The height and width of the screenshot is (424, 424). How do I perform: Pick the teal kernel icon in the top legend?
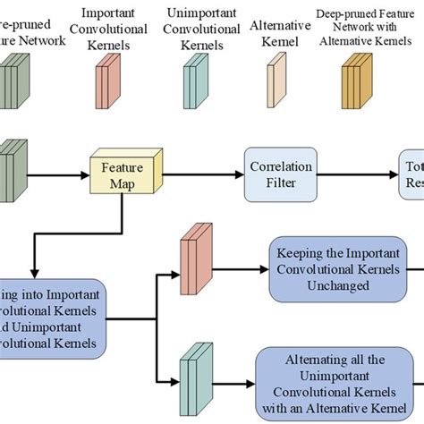coord(193,81)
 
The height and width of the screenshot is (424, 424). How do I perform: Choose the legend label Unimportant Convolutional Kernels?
coord(196,27)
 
